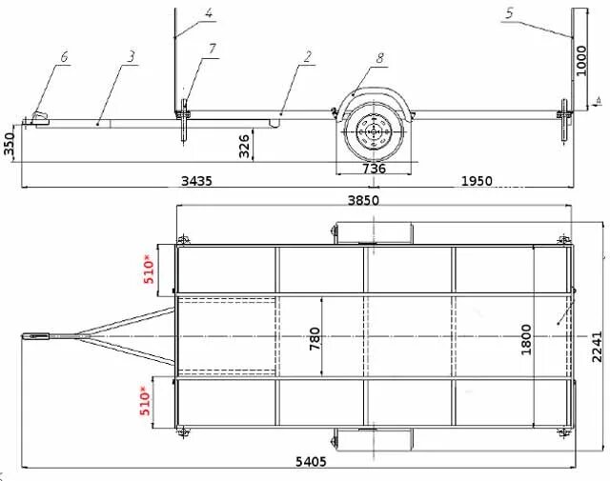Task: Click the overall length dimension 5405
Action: click(311, 462)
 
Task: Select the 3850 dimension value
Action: click(363, 200)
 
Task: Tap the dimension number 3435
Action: click(197, 181)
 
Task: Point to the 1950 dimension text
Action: click(477, 181)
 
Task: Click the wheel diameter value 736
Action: click(374, 169)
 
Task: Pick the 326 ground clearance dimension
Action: click(244, 146)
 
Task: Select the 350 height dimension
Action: click(9, 144)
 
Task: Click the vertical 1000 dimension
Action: click(580, 61)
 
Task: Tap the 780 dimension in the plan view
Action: click(315, 339)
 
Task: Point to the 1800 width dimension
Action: click(526, 339)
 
